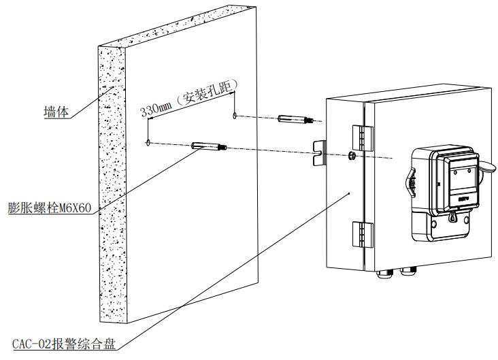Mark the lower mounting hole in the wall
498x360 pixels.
148,142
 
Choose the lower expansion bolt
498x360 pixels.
208,146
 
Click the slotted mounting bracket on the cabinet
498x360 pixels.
320,152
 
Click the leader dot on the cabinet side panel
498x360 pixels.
349,194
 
